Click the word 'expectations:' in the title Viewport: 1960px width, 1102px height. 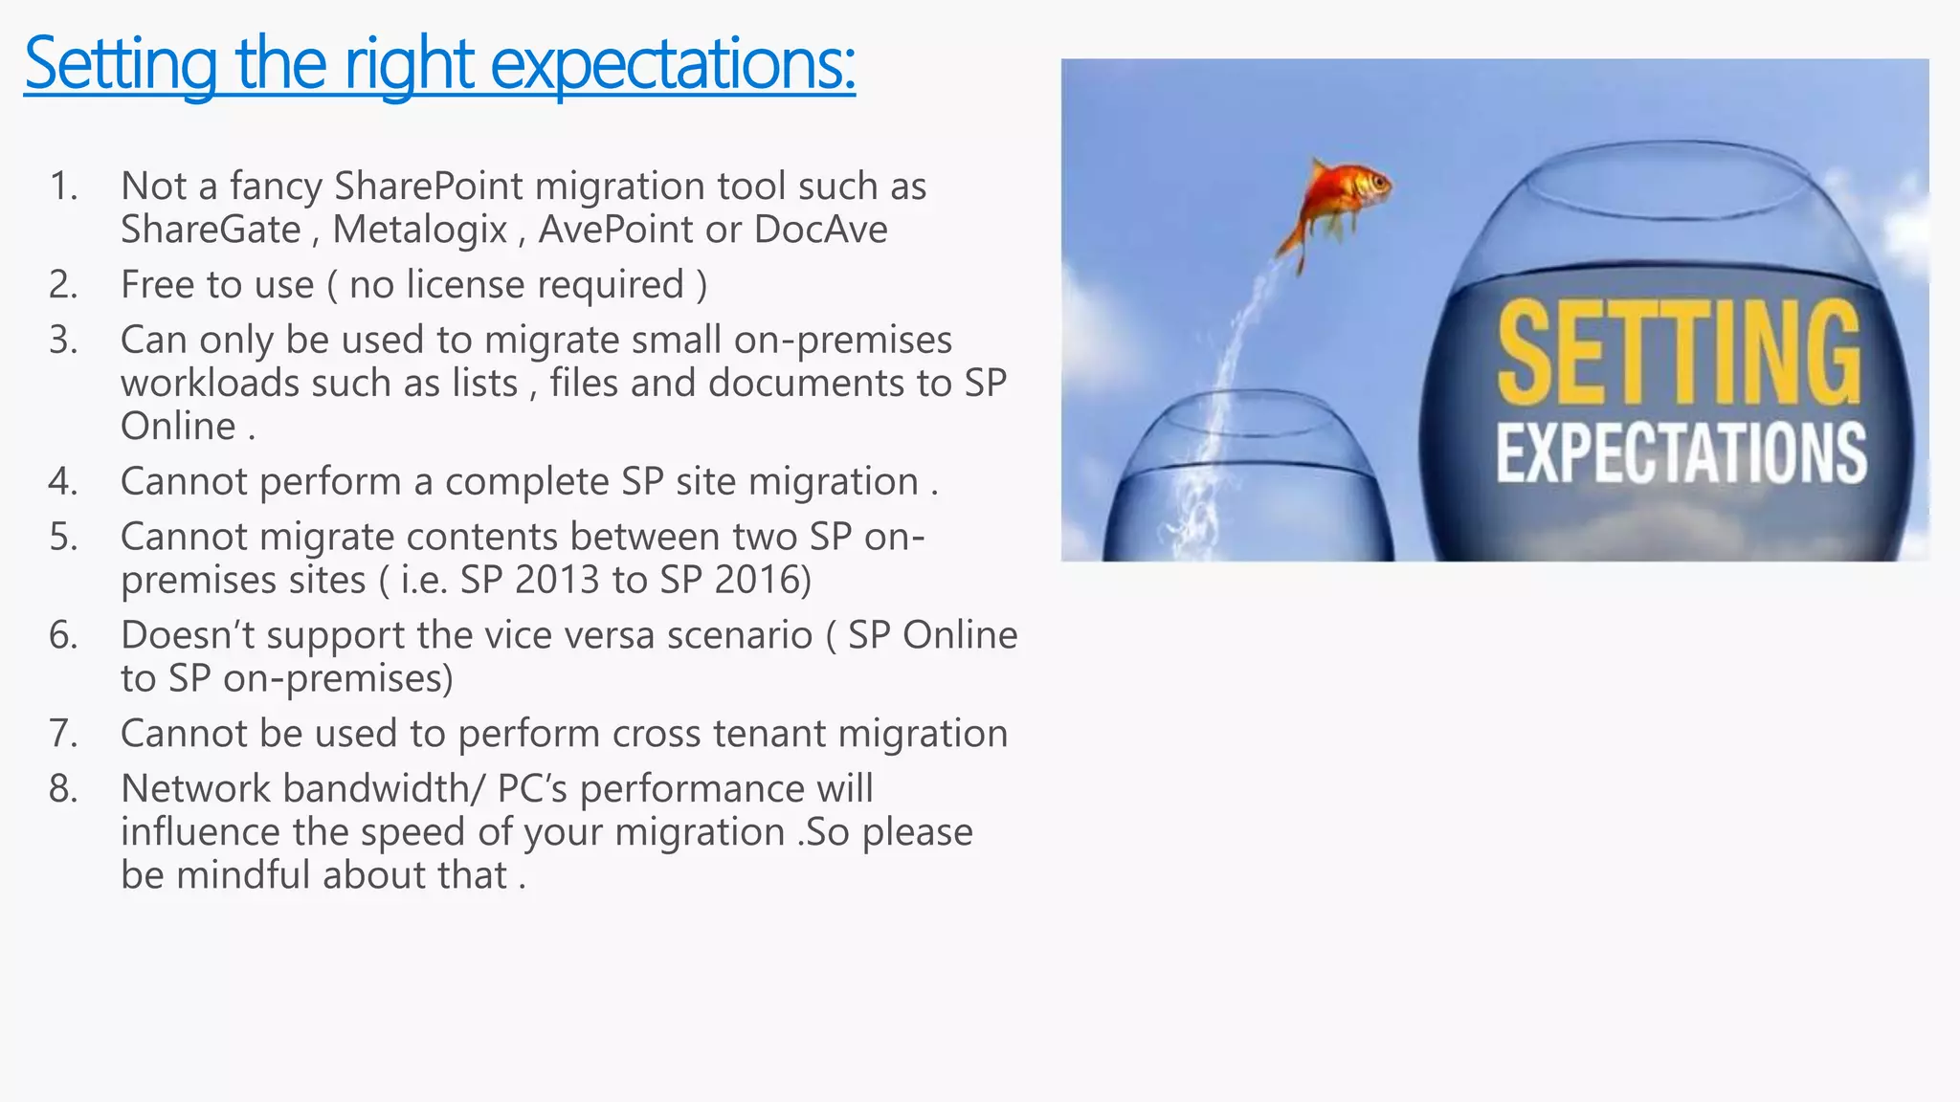[x=672, y=64]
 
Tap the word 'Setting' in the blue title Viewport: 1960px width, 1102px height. [x=121, y=64]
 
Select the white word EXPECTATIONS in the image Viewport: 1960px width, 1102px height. [x=1681, y=452]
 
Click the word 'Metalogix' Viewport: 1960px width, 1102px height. [x=419, y=230]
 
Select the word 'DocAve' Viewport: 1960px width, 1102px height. [x=820, y=230]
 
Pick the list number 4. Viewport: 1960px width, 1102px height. [x=63, y=481]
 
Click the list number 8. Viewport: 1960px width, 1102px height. [x=63, y=788]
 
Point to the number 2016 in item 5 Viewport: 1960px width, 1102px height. [x=762, y=580]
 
